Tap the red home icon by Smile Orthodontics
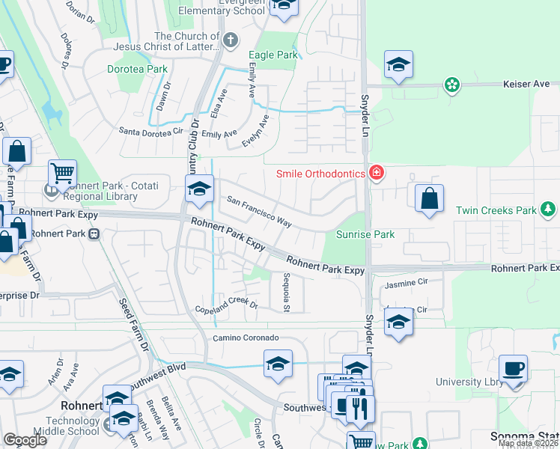click(x=376, y=174)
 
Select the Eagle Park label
click(x=273, y=55)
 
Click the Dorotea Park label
click(x=136, y=69)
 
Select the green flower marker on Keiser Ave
click(x=451, y=85)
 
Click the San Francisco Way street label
click(x=259, y=212)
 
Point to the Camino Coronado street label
click(x=246, y=338)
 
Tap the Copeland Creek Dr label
click(x=226, y=305)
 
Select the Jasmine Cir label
click(x=404, y=284)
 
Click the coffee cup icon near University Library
click(x=514, y=369)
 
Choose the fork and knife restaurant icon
click(x=360, y=409)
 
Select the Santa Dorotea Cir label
click(x=152, y=131)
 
